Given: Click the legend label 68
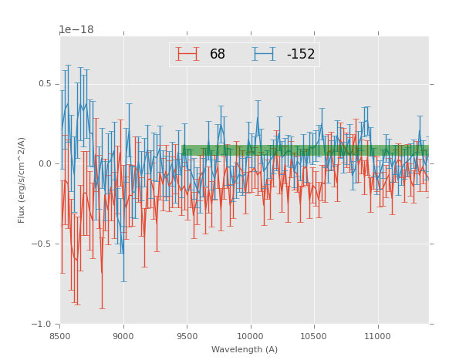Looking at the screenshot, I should coord(217,54).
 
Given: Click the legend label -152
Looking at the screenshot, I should coord(301,54).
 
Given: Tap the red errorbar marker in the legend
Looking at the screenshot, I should coord(187,54).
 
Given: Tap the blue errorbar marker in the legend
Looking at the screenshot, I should coord(264,54).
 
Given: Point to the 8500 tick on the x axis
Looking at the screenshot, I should coord(60,335).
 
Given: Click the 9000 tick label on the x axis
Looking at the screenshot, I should coord(123,335).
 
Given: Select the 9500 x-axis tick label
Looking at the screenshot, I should coord(187,335).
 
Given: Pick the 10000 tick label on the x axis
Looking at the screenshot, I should coord(250,335).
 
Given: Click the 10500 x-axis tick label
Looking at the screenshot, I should coord(314,335).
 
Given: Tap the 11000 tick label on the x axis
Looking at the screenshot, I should coord(377,335).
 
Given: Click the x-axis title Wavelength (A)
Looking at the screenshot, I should coord(245,349).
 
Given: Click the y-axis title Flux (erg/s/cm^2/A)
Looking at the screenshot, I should coord(22,180).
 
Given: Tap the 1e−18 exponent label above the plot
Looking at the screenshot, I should coord(76,30).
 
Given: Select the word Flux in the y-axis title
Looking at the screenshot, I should coord(22,215).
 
